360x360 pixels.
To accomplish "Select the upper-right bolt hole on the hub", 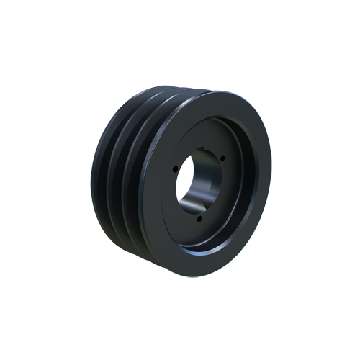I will coord(223,159).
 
